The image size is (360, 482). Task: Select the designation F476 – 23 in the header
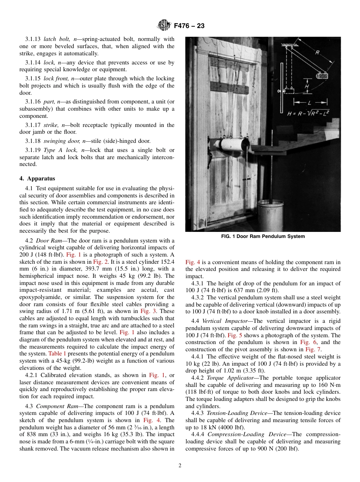pyautogui.click(x=189, y=26)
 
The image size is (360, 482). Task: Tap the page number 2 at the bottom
pyautogui.click(x=180, y=466)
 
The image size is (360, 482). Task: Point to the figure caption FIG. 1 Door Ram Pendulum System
pyautogui.click(x=263, y=236)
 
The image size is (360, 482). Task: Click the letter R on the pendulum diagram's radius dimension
pyautogui.click(x=316, y=53)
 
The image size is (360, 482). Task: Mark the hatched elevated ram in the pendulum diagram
pyautogui.click(x=322, y=75)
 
